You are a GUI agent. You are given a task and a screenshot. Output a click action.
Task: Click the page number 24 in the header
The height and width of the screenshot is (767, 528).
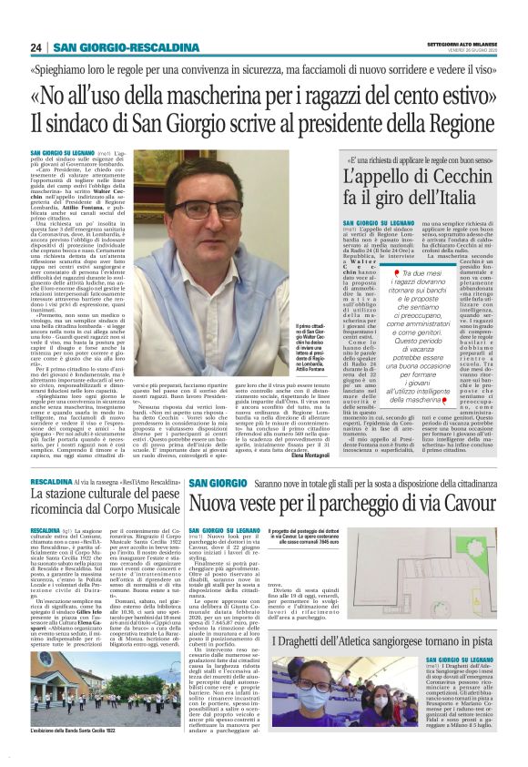tap(36, 46)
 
